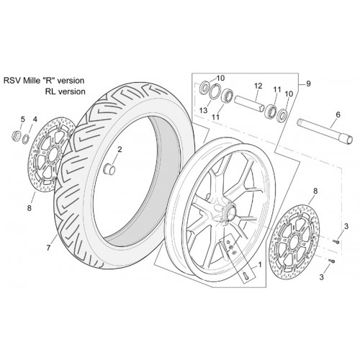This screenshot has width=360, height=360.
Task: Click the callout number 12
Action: pyautogui.click(x=258, y=86)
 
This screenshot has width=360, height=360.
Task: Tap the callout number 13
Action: pyautogui.click(x=203, y=110)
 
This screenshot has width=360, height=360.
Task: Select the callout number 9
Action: pyautogui.click(x=308, y=84)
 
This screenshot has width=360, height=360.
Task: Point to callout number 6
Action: pyautogui.click(x=338, y=114)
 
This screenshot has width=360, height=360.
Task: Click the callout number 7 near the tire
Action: pyautogui.click(x=49, y=248)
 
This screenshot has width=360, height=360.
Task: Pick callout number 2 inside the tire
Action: pyautogui.click(x=120, y=150)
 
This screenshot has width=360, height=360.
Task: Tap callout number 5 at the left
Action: pyautogui.click(x=23, y=119)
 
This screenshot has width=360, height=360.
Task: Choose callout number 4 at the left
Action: pyautogui.click(x=35, y=119)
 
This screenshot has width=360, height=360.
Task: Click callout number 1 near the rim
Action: pyautogui.click(x=259, y=264)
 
